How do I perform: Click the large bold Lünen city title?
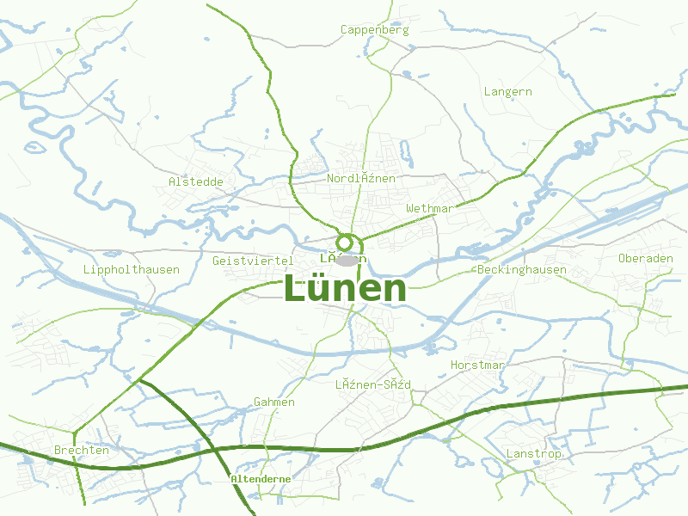pyautogui.click(x=344, y=289)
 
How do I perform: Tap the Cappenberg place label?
pyautogui.click(x=375, y=29)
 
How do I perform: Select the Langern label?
pyautogui.click(x=507, y=91)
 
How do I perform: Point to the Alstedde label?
pyautogui.click(x=196, y=181)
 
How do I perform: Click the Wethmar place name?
pyautogui.click(x=429, y=209)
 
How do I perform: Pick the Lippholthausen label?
pyautogui.click(x=132, y=269)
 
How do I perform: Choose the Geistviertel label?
pyautogui.click(x=253, y=261)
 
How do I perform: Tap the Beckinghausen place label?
pyautogui.click(x=522, y=269)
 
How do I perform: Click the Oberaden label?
pyautogui.click(x=645, y=258)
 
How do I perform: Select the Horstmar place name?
pyautogui.click(x=477, y=365)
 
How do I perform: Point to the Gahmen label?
pyautogui.click(x=274, y=402)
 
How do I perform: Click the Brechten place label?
pyautogui.click(x=81, y=450)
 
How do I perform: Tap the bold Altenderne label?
pyautogui.click(x=261, y=478)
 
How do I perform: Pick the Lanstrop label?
pyautogui.click(x=534, y=453)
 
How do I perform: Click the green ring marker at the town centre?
pyautogui.click(x=345, y=243)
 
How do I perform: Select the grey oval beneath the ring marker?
pyautogui.click(x=345, y=261)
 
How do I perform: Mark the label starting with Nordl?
pyautogui.click(x=361, y=178)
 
